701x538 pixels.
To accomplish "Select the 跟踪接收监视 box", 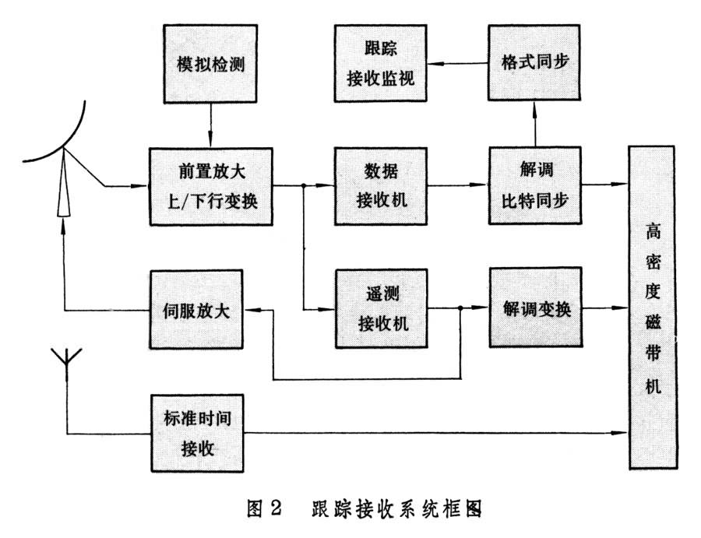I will [381, 62].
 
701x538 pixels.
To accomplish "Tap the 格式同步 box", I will [535, 62].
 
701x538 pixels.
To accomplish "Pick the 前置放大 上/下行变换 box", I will [210, 186].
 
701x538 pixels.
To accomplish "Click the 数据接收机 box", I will [381, 186].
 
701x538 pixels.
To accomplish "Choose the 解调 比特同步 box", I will [535, 186].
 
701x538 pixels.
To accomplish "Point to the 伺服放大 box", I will [196, 308].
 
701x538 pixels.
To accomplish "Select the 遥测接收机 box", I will [381, 308].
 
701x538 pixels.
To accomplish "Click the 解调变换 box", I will [535, 308].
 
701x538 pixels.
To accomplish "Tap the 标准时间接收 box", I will [196, 433].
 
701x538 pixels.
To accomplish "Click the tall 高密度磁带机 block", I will [651, 308].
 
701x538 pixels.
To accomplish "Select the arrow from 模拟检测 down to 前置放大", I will [210, 125].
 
